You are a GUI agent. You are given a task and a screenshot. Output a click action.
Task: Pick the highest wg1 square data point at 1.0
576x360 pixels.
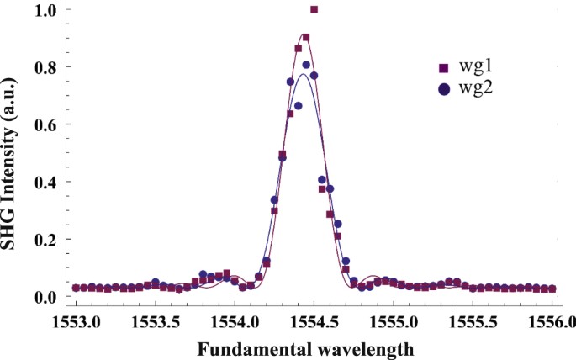point(314,10)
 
